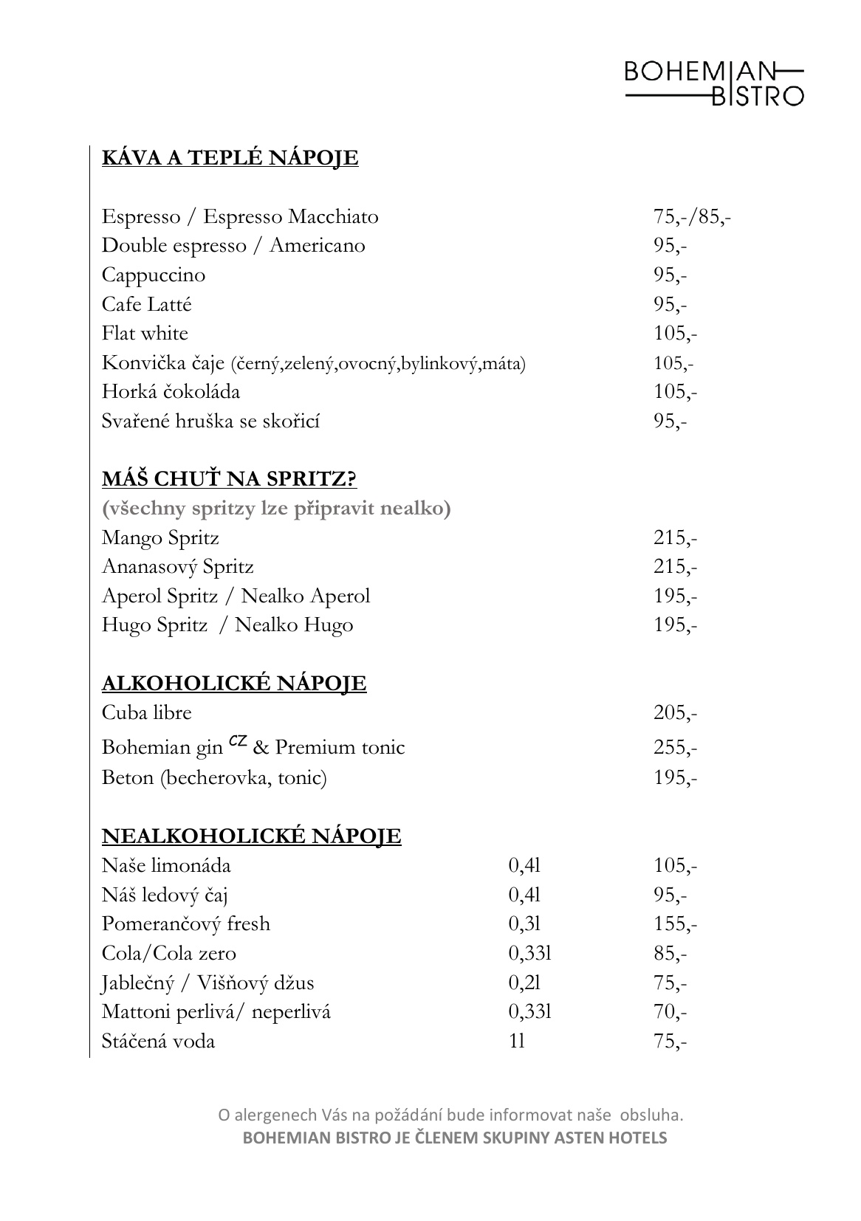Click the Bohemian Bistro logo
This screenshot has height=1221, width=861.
click(714, 83)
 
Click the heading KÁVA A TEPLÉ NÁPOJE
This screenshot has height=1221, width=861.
click(230, 158)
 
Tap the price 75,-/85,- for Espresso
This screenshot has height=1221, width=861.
click(692, 217)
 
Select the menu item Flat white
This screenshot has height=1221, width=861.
click(145, 334)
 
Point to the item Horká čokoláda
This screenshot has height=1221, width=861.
click(171, 392)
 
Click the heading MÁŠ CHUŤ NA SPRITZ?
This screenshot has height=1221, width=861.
click(229, 479)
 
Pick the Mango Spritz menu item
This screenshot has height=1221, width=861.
click(160, 538)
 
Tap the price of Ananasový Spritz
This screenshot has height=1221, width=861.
click(675, 567)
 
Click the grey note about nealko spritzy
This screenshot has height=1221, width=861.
click(276, 509)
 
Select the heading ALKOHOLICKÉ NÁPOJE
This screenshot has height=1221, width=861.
click(233, 684)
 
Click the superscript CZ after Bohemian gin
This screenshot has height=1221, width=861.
click(238, 740)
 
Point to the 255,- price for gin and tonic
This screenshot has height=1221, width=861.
click(675, 748)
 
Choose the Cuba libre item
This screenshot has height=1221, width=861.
click(146, 713)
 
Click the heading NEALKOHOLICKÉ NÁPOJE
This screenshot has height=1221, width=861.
click(251, 836)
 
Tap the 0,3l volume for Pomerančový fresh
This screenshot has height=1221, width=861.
click(524, 924)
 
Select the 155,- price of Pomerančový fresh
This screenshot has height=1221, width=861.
click(675, 924)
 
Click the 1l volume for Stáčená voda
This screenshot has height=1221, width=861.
click(517, 1042)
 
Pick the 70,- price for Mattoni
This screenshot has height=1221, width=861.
click(670, 1012)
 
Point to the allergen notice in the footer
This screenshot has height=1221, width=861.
click(450, 1114)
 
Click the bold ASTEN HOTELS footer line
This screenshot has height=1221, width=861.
click(455, 1138)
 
